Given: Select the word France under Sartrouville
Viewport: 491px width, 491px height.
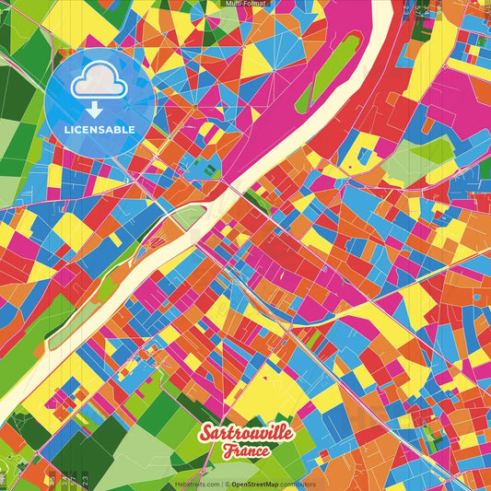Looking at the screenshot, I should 245,451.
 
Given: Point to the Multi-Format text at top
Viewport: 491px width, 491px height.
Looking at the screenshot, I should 244,4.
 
